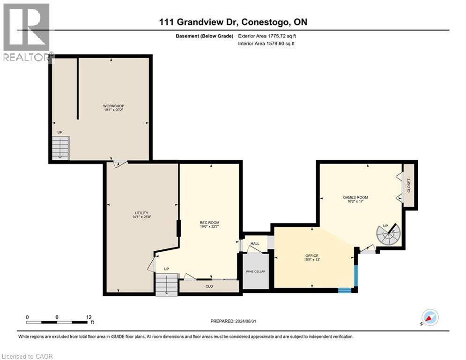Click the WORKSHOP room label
pos(113,106)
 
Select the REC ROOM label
pos(209,223)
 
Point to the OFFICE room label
pos(311,256)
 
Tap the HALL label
pos(255,244)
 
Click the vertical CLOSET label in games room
pos(408,186)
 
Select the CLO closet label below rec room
pos(209,285)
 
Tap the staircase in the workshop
pos(60,147)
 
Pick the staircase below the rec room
pos(167,284)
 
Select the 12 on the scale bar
pos(89,317)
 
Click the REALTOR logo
pos(26,32)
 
